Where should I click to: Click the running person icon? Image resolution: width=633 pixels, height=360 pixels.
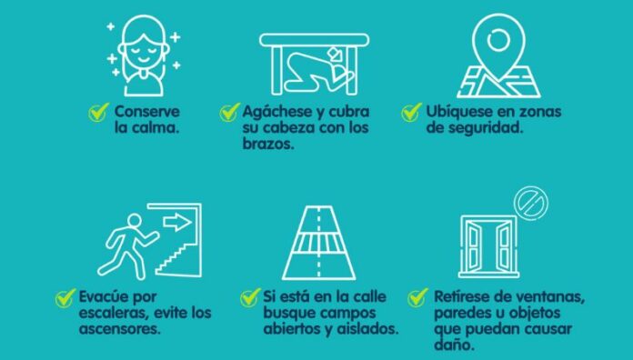click(x=127, y=241)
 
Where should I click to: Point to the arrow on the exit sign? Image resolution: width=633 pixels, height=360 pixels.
click(x=178, y=221)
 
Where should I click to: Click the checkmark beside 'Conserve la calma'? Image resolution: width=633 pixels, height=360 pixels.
click(x=98, y=113)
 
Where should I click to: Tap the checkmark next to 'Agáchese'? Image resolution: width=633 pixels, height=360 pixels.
click(x=229, y=113)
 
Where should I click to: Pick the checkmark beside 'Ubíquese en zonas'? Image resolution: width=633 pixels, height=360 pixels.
click(x=411, y=113)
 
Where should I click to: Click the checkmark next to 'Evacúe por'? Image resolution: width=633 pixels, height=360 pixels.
click(x=65, y=297)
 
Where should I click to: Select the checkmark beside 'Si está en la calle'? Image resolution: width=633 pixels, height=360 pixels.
click(x=250, y=297)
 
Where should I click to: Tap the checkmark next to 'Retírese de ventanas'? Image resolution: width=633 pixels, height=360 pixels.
click(x=417, y=296)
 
